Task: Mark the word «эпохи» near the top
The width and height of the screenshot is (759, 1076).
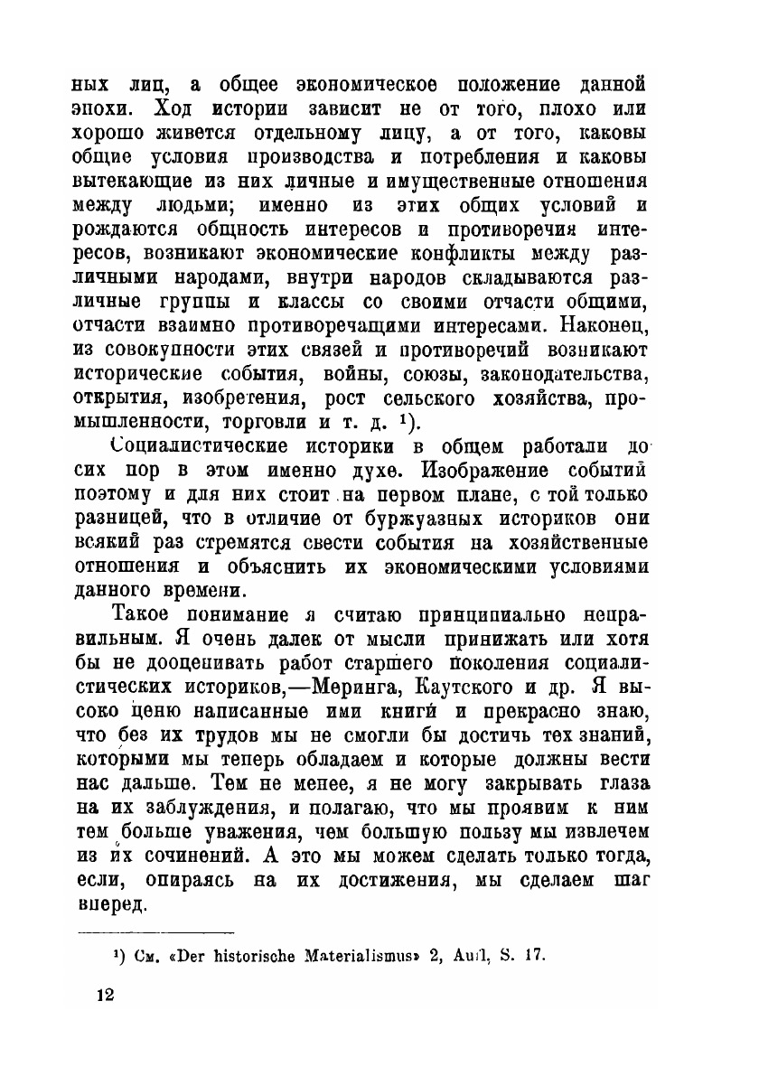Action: coord(107,110)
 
